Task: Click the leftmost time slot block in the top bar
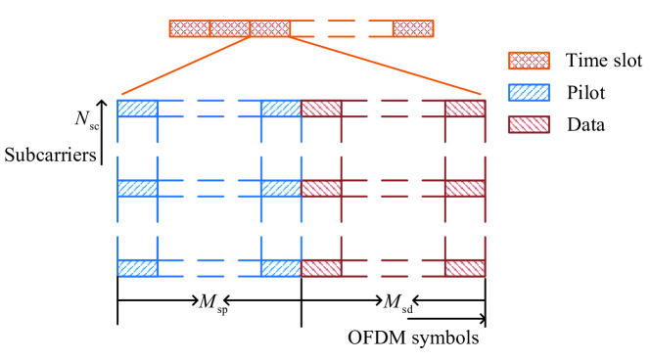[189, 27]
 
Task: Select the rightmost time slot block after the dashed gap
[413, 27]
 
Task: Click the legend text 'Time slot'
[603, 62]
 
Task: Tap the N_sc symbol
[85, 119]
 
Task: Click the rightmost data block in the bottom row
[465, 267]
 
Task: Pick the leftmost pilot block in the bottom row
[138, 267]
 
